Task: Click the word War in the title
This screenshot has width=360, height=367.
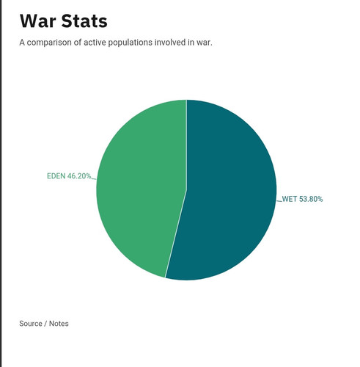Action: [38, 21]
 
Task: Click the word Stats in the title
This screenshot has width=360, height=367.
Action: [84, 21]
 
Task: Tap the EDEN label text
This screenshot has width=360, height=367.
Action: [56, 176]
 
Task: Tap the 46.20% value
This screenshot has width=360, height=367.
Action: [79, 176]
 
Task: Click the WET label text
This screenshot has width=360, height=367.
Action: [290, 199]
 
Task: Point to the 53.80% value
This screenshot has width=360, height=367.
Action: [311, 199]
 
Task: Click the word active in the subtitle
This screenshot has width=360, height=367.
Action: [95, 43]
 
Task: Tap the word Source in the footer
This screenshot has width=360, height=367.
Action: [31, 324]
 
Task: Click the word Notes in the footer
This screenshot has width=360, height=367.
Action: [59, 324]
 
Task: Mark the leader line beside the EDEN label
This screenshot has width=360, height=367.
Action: [94, 179]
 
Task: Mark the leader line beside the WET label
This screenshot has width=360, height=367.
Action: [279, 201]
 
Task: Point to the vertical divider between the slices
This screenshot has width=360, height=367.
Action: [187, 145]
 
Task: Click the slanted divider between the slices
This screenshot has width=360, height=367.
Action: [176, 234]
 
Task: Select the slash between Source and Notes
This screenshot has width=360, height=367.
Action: [45, 324]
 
